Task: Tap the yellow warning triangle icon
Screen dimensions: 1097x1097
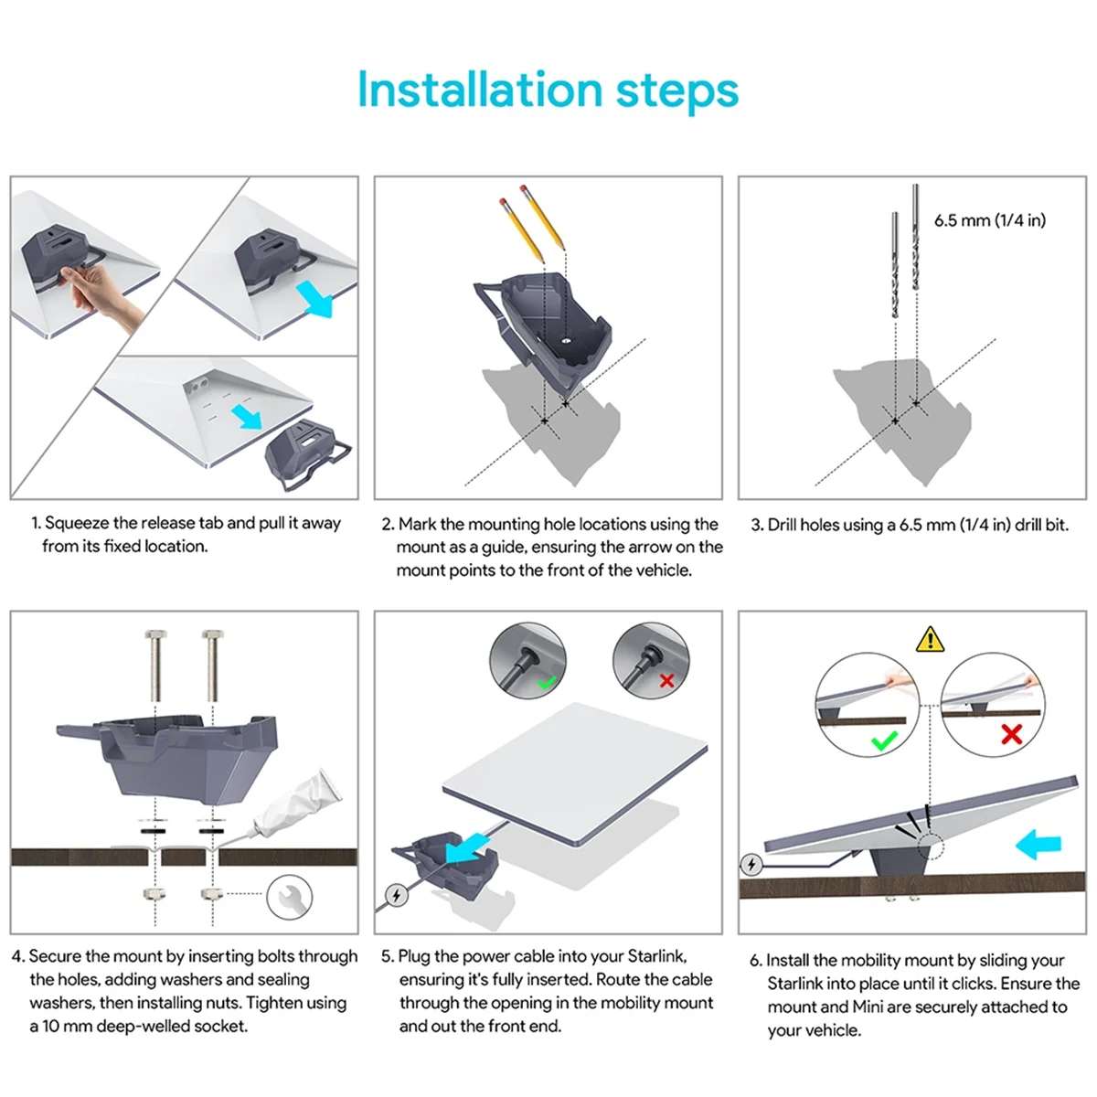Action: click(930, 639)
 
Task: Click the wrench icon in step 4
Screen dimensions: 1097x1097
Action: click(289, 897)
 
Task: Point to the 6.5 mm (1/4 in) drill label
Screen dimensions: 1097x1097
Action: click(989, 220)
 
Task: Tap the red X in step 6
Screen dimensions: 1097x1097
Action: click(1011, 734)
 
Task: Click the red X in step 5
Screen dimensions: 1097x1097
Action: click(666, 680)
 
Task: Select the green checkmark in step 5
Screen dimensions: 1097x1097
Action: click(547, 682)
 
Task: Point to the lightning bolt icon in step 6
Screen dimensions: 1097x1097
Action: click(751, 864)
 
